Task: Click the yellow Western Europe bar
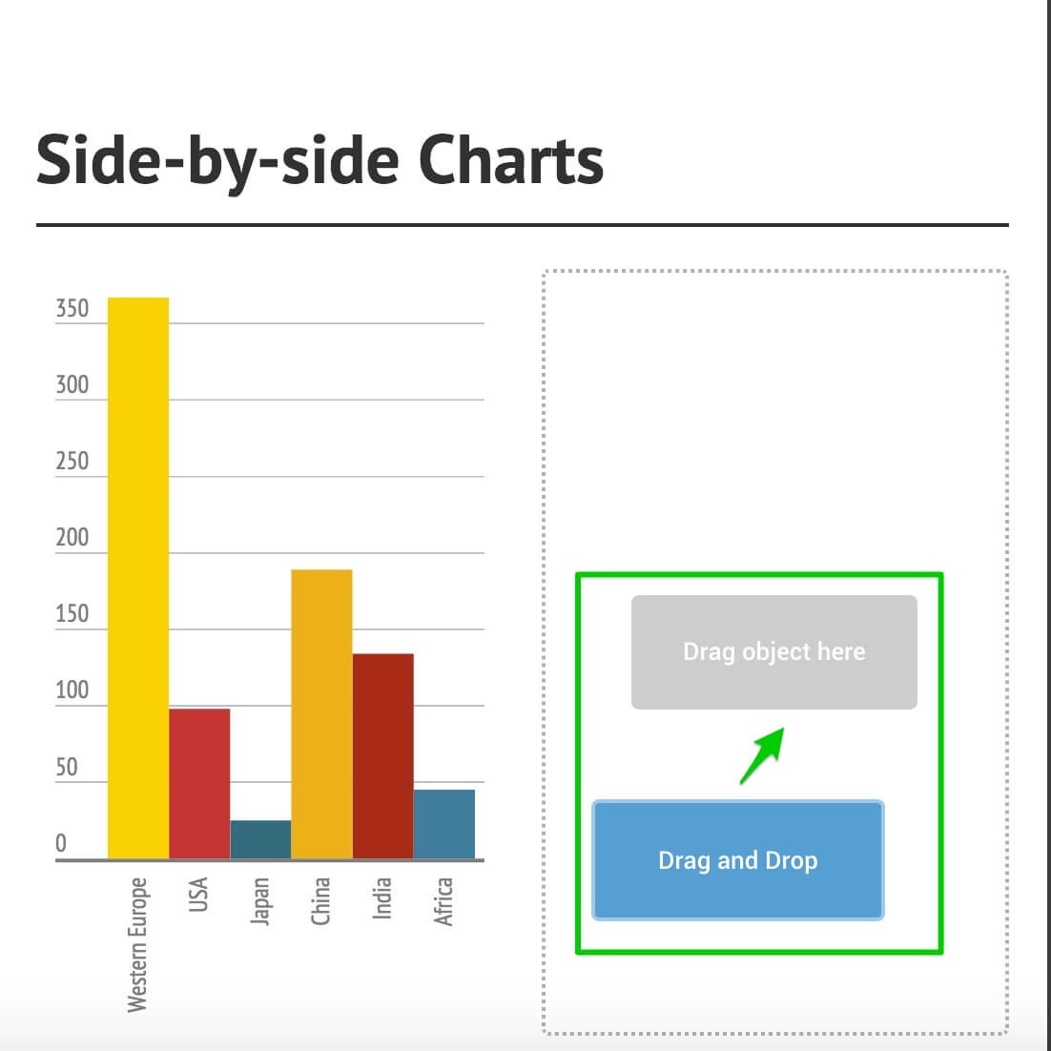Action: (x=138, y=578)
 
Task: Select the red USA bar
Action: (x=199, y=784)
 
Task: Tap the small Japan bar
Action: (x=260, y=839)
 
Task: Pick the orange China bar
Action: (x=321, y=713)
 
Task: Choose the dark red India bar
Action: (x=382, y=756)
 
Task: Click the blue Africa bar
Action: (x=444, y=824)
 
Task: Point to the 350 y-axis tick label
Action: (x=72, y=308)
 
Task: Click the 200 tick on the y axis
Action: (x=72, y=538)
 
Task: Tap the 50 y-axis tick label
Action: (x=67, y=767)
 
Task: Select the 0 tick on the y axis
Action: (x=61, y=843)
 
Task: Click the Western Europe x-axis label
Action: (x=136, y=944)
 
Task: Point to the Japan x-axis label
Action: (x=260, y=901)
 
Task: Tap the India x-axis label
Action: (x=381, y=898)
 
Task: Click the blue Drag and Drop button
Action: (x=738, y=860)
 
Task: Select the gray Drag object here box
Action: (x=774, y=651)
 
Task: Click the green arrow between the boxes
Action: (x=762, y=756)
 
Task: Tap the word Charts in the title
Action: (x=511, y=160)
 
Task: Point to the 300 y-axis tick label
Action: (x=72, y=384)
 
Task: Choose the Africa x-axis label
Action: (x=443, y=901)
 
